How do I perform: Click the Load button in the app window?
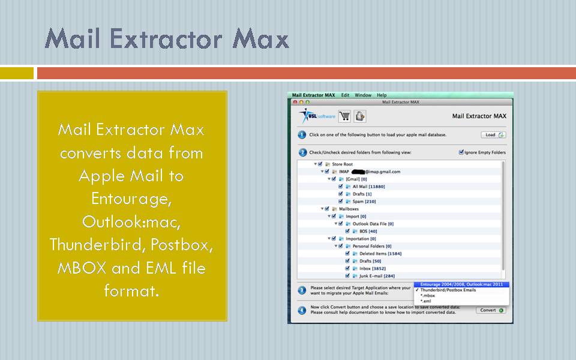[493, 135]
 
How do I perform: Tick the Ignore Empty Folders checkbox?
[461, 152]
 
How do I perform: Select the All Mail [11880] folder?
[368, 187]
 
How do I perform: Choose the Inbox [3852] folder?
[373, 268]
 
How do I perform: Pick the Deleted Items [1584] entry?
[380, 253]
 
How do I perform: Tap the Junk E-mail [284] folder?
[377, 276]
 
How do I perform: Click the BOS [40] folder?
[368, 231]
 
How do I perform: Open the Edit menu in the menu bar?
[346, 95]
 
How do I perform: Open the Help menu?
[382, 95]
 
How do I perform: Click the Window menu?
[363, 95]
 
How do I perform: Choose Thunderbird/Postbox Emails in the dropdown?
[448, 290]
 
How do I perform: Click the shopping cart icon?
[344, 116]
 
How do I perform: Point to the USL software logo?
[317, 115]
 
